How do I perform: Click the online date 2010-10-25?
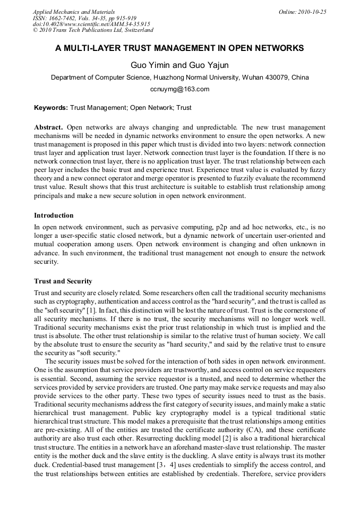[313, 11]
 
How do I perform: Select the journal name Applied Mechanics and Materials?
[74, 11]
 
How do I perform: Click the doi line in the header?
[91, 24]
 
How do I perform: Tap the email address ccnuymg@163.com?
[179, 89]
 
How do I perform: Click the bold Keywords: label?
[51, 108]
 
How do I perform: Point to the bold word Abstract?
[48, 128]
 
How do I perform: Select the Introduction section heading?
[54, 215]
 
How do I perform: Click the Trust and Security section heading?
[63, 281]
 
